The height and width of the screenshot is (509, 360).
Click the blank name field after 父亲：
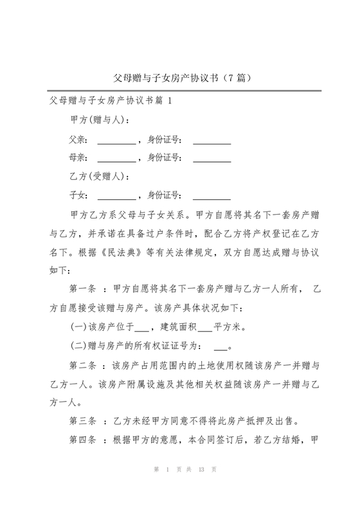pyautogui.click(x=116, y=139)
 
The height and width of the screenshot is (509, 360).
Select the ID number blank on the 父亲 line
pyautogui.click(x=212, y=139)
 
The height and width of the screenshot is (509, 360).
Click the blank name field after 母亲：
pyautogui.click(x=116, y=157)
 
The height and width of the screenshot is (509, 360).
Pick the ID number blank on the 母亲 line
pyautogui.click(x=212, y=157)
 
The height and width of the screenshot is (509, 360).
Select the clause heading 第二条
pyautogui.click(x=83, y=366)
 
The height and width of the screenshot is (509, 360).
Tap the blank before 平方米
pyautogui.click(x=205, y=328)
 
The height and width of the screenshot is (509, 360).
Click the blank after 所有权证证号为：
pyautogui.click(x=220, y=346)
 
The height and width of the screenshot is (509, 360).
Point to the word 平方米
pyautogui.click(x=227, y=328)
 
